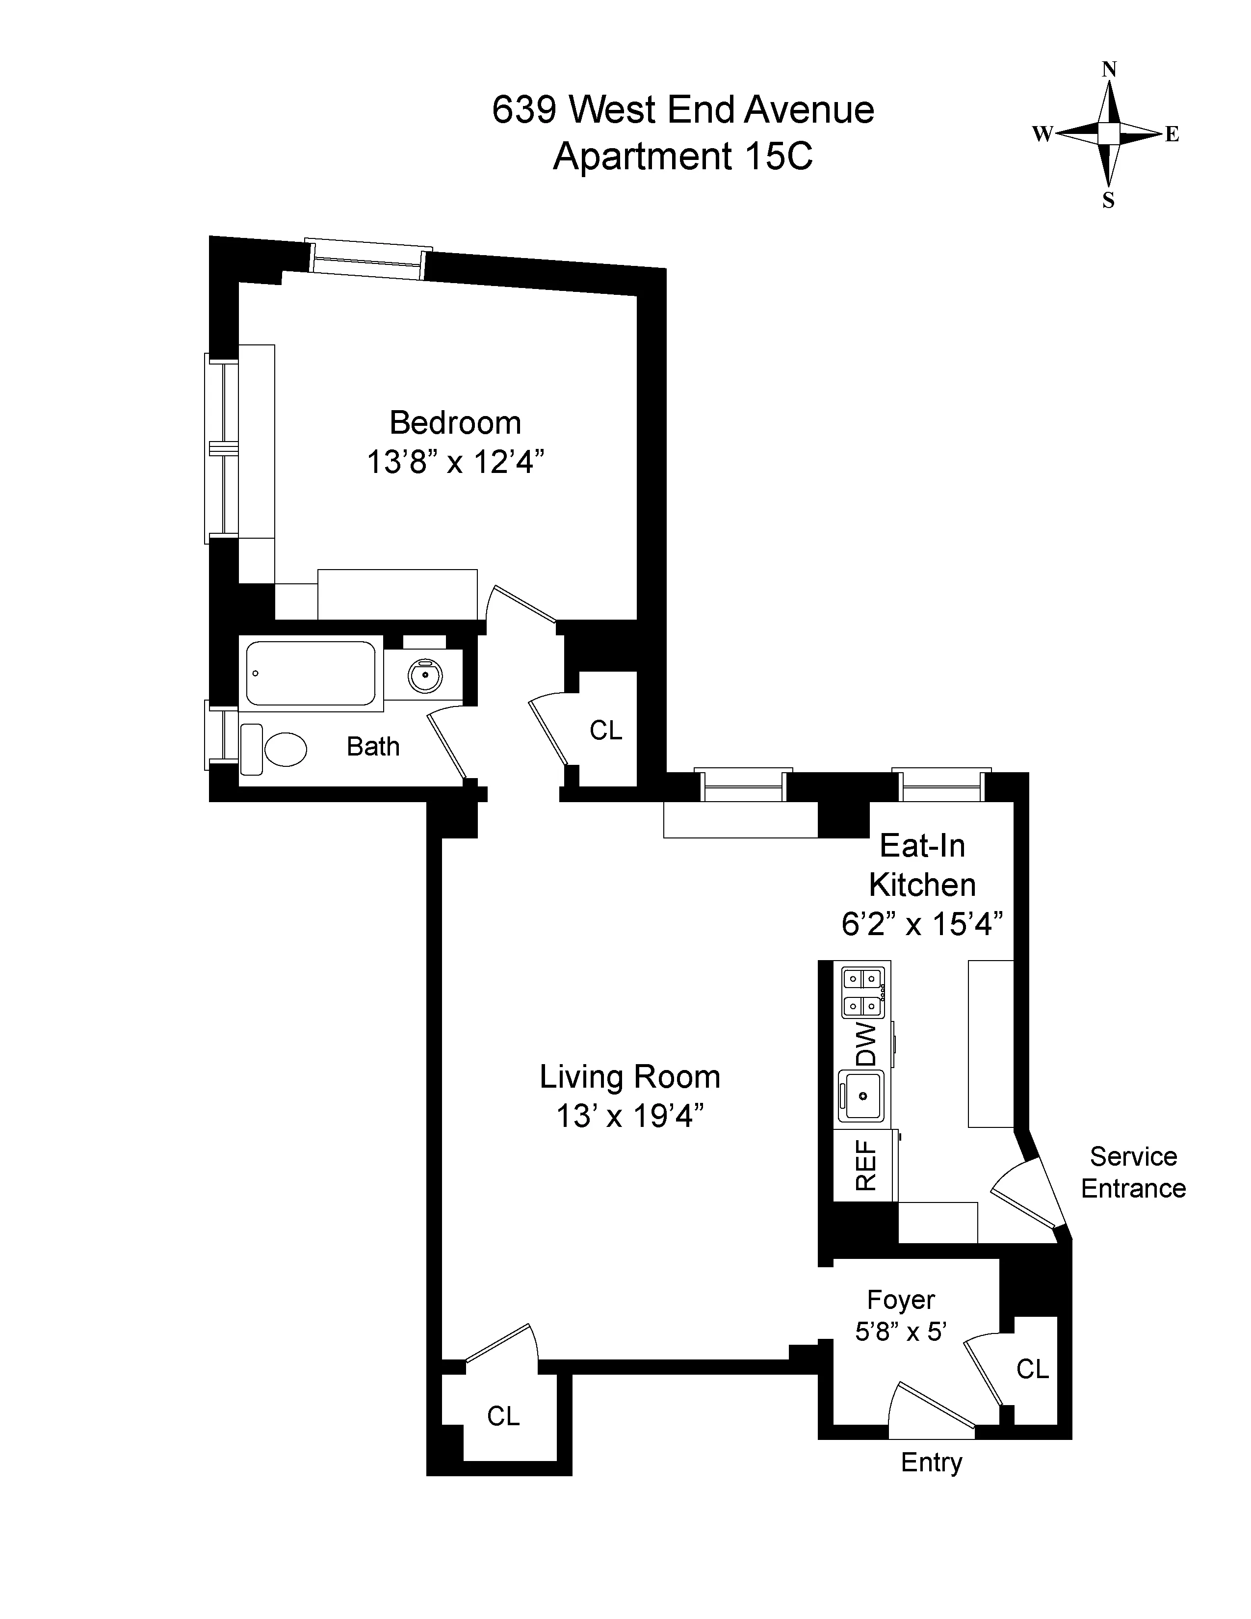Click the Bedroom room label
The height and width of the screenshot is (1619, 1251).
[x=455, y=423]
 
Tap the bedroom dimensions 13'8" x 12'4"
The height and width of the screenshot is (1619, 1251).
[x=455, y=463]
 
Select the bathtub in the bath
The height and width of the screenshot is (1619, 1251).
[x=311, y=673]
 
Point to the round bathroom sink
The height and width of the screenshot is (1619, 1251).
[x=425, y=676]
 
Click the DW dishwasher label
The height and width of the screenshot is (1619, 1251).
[x=865, y=1045]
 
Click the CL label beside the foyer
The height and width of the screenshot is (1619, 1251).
[x=1032, y=1369]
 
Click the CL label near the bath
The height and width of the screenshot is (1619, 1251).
[x=605, y=731]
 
